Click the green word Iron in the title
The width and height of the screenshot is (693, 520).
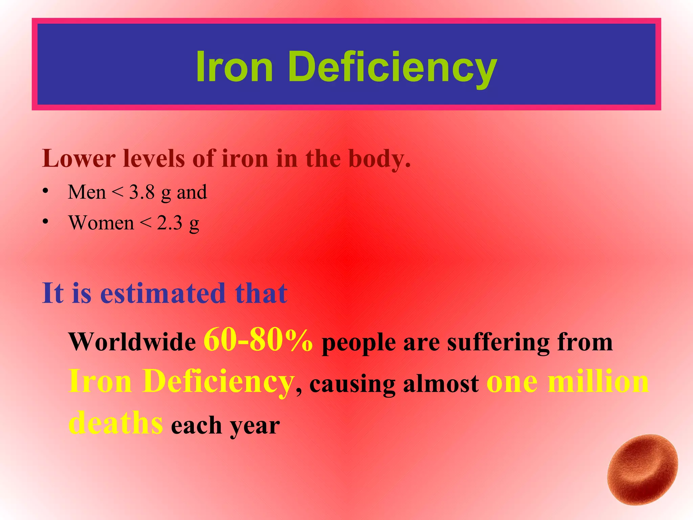(234, 66)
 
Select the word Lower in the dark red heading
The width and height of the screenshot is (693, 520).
(79, 158)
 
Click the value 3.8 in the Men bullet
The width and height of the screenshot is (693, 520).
(142, 192)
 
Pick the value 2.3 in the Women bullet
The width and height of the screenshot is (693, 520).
(170, 223)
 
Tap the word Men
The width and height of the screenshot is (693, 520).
(87, 192)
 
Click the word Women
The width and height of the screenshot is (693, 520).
(101, 223)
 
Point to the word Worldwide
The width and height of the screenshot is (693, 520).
(132, 342)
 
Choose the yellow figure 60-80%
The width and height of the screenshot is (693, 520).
(258, 340)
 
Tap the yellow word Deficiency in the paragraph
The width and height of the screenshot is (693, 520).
(218, 382)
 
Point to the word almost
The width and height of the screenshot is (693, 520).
(441, 384)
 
